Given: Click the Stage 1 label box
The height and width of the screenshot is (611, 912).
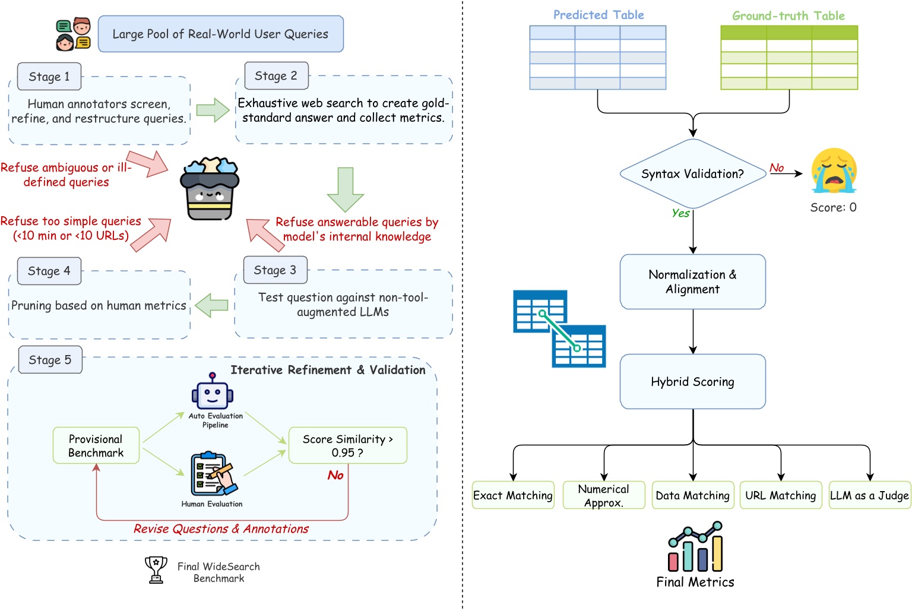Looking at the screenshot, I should pyautogui.click(x=49, y=77).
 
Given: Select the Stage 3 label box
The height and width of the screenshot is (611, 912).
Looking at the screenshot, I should pyautogui.click(x=275, y=271).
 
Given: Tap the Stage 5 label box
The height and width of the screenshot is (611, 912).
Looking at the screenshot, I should pyautogui.click(x=50, y=360).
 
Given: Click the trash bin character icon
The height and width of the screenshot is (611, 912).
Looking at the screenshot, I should pyautogui.click(x=210, y=188).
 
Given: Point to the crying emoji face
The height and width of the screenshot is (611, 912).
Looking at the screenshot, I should pyautogui.click(x=834, y=170).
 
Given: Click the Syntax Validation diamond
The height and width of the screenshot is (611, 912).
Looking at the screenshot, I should pyautogui.click(x=692, y=174).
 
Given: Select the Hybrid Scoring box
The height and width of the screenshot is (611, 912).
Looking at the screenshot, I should pyautogui.click(x=692, y=382).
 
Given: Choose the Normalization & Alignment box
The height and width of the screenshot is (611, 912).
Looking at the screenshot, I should pyautogui.click(x=692, y=282).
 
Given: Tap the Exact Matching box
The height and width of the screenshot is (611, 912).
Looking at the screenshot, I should pyautogui.click(x=513, y=495).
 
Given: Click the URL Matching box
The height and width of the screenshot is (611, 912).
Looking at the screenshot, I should pyautogui.click(x=780, y=495).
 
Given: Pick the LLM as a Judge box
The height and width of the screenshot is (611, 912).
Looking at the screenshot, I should pyautogui.click(x=869, y=495).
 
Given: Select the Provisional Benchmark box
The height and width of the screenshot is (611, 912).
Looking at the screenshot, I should pyautogui.click(x=96, y=445).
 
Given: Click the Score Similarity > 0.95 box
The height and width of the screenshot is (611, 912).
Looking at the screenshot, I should pyautogui.click(x=347, y=445).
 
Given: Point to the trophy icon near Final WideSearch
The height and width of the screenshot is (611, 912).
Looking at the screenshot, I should pyautogui.click(x=156, y=569).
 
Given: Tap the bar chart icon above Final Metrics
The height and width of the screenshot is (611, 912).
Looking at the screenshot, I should pyautogui.click(x=695, y=547).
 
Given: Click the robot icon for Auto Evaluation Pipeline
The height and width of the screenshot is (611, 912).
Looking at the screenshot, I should pyautogui.click(x=213, y=392).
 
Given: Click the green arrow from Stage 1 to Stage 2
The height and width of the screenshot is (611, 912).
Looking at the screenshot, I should pyautogui.click(x=213, y=110).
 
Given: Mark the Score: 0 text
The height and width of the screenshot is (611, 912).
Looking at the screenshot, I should pyautogui.click(x=833, y=207).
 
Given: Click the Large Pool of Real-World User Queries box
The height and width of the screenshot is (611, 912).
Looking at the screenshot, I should pyautogui.click(x=220, y=34).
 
